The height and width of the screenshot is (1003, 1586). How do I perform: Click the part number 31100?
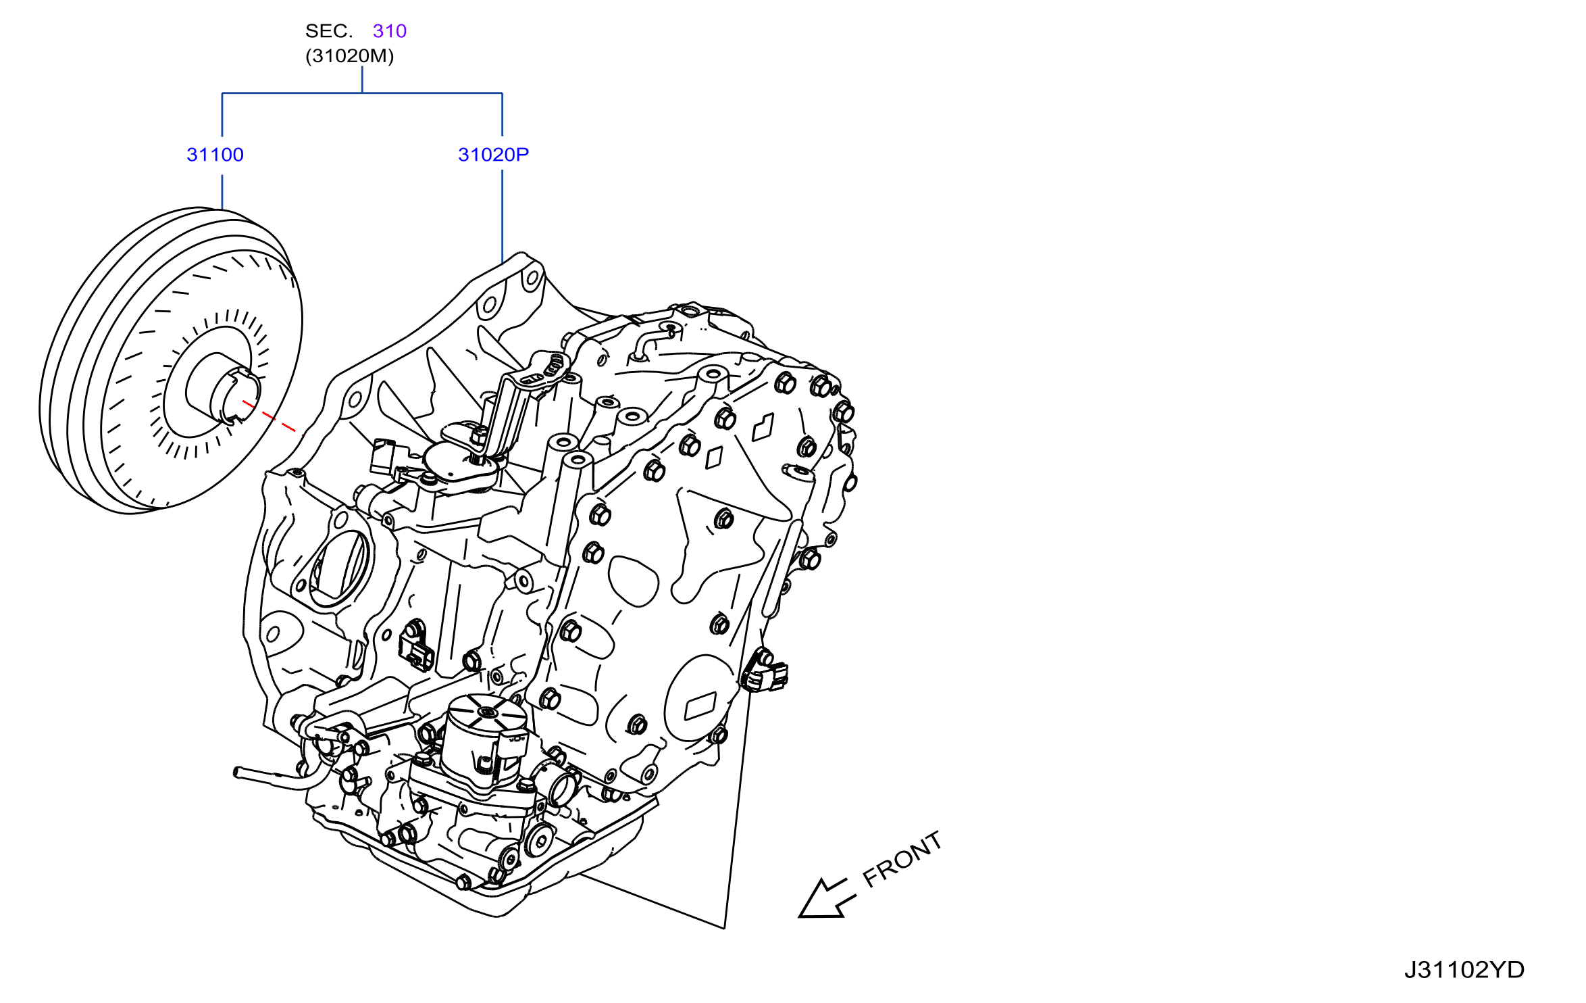pos(215,155)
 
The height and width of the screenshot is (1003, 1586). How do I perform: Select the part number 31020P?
pos(493,155)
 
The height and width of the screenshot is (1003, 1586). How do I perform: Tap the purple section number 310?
pos(390,31)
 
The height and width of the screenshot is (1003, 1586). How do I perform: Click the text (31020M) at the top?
pos(349,55)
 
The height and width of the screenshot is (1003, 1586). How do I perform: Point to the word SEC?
pos(329,31)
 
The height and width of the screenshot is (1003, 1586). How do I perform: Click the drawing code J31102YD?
pos(1464,971)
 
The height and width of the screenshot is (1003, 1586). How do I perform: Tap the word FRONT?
pos(902,858)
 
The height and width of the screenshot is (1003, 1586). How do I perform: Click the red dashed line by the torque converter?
pos(269,416)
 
